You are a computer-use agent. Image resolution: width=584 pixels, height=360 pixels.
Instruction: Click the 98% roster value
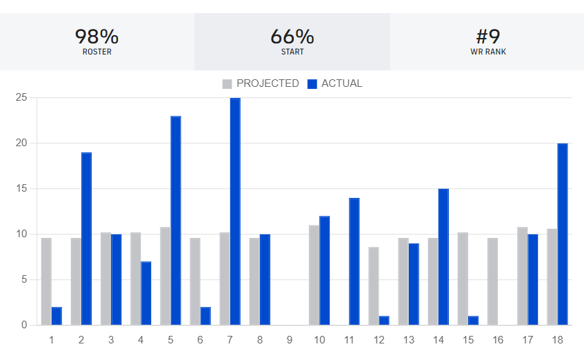(97, 36)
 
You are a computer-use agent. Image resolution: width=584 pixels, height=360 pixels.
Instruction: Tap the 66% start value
(292, 36)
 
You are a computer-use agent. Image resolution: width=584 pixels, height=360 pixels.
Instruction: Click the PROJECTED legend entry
(261, 83)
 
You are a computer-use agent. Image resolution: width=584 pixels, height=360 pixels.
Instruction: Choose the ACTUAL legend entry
(334, 83)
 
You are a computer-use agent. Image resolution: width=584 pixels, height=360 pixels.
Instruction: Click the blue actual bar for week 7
(235, 211)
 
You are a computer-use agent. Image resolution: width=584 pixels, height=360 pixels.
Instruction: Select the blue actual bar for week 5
(176, 221)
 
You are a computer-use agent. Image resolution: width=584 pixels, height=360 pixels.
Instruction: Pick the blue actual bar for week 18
(563, 234)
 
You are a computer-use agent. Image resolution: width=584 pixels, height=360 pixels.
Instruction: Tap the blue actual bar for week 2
(86, 239)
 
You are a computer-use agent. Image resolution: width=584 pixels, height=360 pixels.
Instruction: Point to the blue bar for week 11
(354, 261)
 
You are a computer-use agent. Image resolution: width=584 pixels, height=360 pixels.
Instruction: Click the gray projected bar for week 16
(492, 281)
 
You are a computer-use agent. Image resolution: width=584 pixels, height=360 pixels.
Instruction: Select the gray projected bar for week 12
(373, 286)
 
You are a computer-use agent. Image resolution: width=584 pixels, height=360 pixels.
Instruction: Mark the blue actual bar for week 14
(443, 257)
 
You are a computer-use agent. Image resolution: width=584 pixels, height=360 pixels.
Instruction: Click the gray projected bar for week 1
(46, 281)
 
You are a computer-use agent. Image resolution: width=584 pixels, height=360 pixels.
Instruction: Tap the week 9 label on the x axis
(290, 339)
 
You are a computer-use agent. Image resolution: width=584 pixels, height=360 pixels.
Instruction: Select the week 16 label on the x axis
(498, 339)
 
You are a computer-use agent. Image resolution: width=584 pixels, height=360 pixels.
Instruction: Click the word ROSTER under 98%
(97, 52)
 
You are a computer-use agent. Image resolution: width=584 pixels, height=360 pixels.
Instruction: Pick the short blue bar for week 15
(473, 321)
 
